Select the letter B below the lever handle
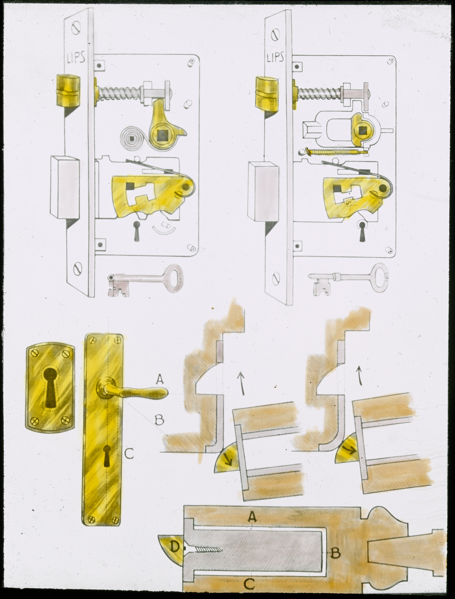pyautogui.click(x=159, y=420)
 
